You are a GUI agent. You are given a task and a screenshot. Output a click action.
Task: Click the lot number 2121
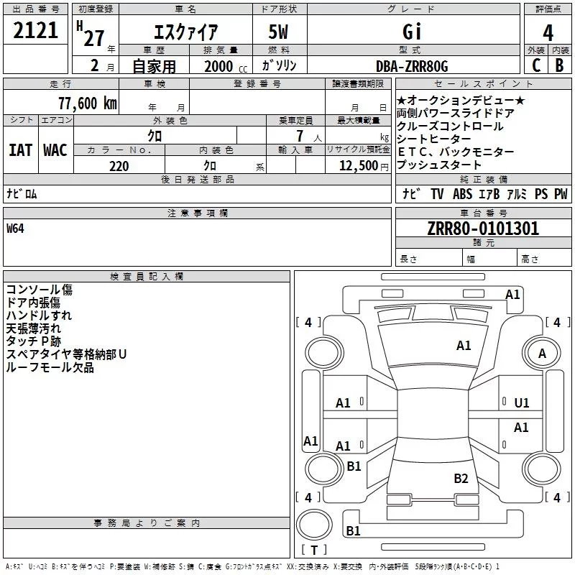(36, 31)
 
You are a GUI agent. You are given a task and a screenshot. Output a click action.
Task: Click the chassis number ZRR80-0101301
(483, 229)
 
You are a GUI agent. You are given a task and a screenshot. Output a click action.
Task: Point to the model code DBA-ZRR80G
(412, 66)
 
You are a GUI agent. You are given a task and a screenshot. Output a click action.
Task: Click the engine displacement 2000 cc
(224, 66)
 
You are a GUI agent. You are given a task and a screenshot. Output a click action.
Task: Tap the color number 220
(119, 165)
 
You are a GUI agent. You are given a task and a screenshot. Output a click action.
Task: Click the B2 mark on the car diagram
(461, 478)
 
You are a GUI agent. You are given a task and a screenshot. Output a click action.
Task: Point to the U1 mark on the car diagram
(521, 403)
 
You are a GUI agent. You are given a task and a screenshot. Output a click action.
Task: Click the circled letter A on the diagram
(543, 354)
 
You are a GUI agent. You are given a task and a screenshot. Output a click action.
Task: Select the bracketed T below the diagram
(313, 551)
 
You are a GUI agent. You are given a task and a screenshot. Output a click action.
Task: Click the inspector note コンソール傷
(39, 290)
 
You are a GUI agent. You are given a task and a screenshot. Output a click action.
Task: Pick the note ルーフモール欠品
(50, 367)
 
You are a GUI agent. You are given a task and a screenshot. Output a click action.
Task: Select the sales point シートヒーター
(434, 139)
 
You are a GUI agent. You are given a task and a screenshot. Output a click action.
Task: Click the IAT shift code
(20, 149)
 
